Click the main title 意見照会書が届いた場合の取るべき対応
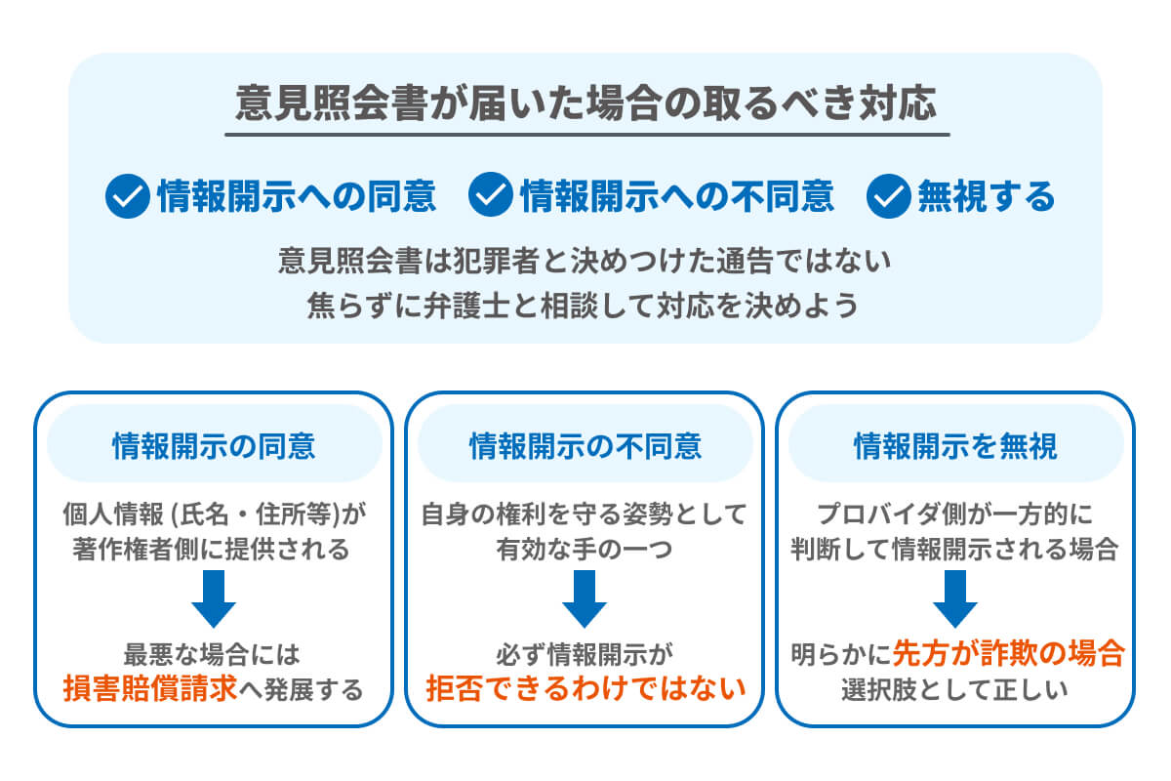click(585, 103)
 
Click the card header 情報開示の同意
click(214, 446)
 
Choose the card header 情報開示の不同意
click(585, 446)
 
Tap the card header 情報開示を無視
click(955, 446)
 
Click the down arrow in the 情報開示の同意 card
click(214, 598)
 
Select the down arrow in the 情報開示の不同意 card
click(585, 598)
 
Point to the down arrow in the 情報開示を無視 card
click(955, 598)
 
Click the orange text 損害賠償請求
click(150, 689)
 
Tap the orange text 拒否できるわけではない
click(585, 689)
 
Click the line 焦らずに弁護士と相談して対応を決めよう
click(585, 306)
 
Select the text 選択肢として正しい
click(955, 689)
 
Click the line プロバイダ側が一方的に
click(955, 513)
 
